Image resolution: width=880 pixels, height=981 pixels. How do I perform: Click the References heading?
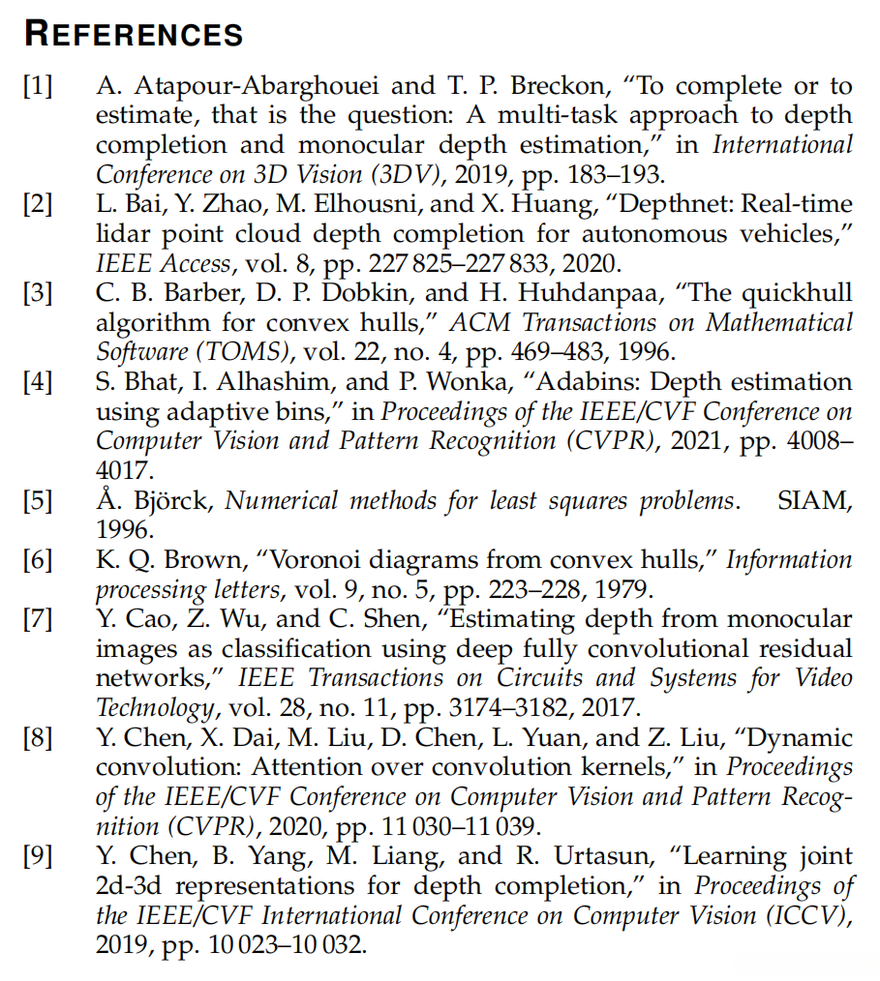pyautogui.click(x=134, y=34)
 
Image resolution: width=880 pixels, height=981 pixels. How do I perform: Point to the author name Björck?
pyautogui.click(x=182, y=501)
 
